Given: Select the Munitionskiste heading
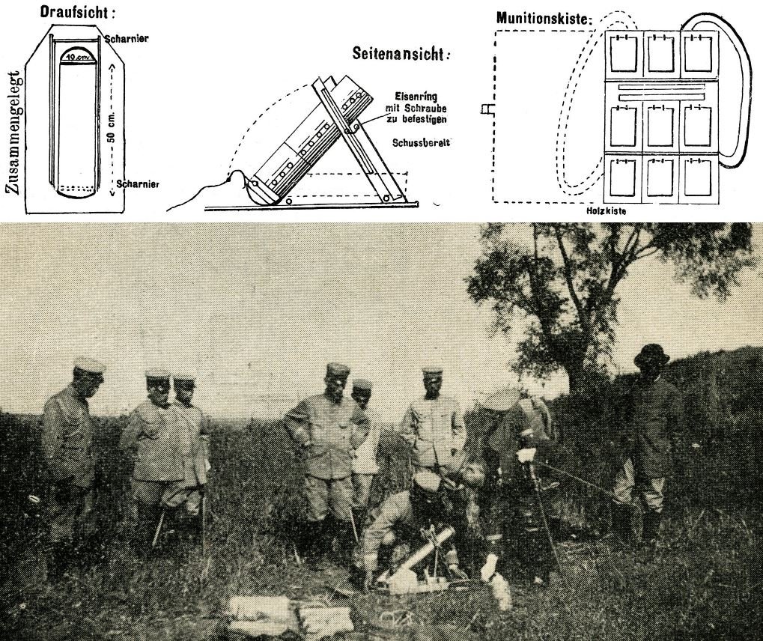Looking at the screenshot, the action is click(x=544, y=19).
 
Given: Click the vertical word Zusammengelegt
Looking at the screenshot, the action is click(x=14, y=133).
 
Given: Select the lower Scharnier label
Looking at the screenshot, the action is click(x=138, y=184).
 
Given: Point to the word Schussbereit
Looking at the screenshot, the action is click(x=421, y=143).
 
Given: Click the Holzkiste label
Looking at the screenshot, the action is click(x=606, y=211).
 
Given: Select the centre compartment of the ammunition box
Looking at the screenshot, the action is click(x=660, y=127).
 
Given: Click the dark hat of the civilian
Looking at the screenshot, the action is click(x=652, y=354).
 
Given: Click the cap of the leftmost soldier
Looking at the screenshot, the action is click(x=88, y=365).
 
